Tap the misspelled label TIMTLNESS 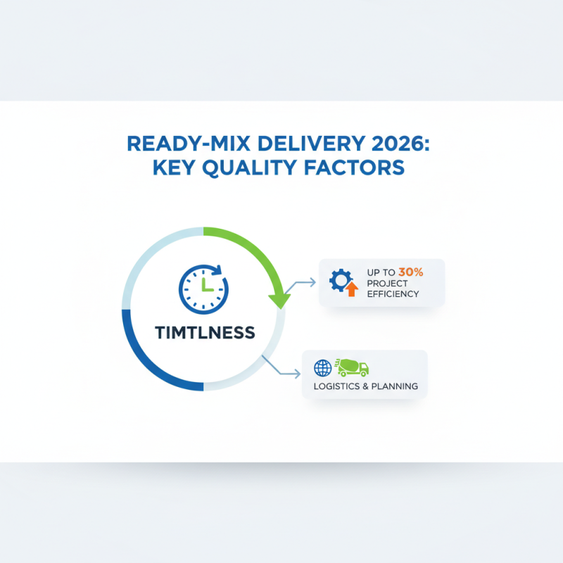tap(203, 331)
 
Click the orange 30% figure tap(411, 271)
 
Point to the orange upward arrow tap(352, 289)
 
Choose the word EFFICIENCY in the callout tap(393, 293)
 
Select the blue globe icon tap(322, 367)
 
